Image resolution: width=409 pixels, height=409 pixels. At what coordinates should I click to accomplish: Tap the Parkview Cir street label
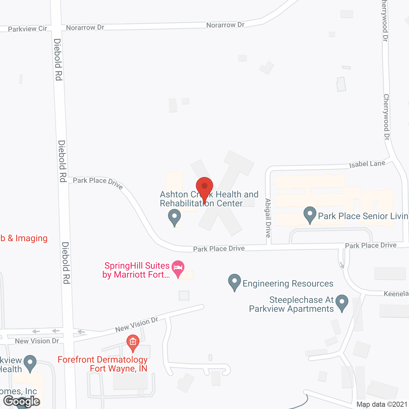tap(27, 29)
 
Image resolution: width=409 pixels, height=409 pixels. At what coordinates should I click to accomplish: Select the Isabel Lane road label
tap(367, 164)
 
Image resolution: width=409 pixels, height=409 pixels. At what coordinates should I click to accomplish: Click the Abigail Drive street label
tap(268, 218)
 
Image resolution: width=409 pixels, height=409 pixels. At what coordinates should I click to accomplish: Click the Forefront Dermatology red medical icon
tap(133, 343)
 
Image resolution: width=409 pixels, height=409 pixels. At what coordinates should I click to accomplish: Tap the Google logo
tap(22, 401)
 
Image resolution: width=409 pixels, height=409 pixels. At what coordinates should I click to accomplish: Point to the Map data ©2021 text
tap(382, 404)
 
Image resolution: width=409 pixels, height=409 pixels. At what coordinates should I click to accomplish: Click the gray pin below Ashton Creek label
tap(174, 217)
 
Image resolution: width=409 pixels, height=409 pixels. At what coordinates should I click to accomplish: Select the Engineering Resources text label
tap(288, 283)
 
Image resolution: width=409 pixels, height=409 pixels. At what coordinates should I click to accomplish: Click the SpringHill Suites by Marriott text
tap(136, 270)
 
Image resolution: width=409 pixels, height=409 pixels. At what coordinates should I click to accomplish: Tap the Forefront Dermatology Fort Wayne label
tap(103, 364)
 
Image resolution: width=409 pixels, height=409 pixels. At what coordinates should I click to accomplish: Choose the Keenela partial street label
tap(396, 294)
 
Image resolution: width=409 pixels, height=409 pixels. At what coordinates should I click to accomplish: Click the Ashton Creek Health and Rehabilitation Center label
tap(209, 199)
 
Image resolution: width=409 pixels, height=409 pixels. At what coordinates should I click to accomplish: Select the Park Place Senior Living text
tap(363, 216)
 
